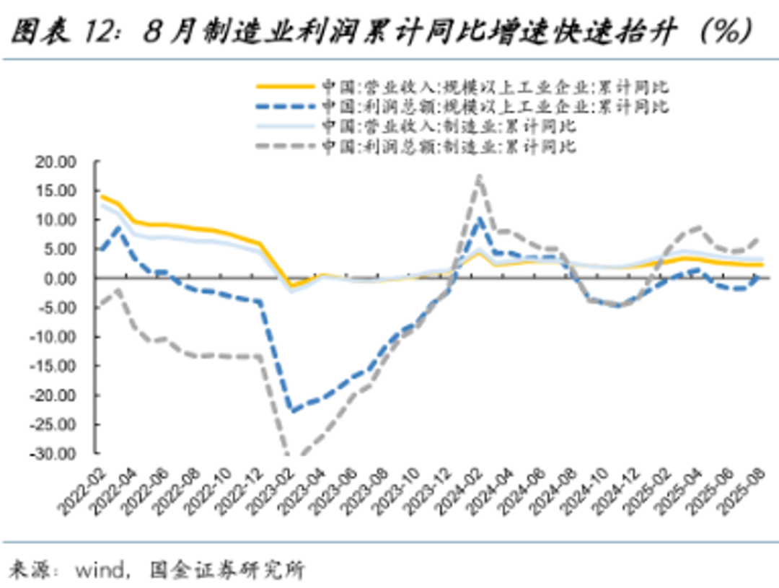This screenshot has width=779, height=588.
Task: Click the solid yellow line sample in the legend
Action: (286, 87)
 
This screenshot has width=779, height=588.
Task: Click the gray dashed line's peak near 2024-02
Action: (479, 176)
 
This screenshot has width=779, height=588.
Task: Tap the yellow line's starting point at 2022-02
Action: (102, 196)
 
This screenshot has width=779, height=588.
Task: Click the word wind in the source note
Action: (100, 571)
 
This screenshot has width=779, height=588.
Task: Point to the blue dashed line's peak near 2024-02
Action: (480, 219)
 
